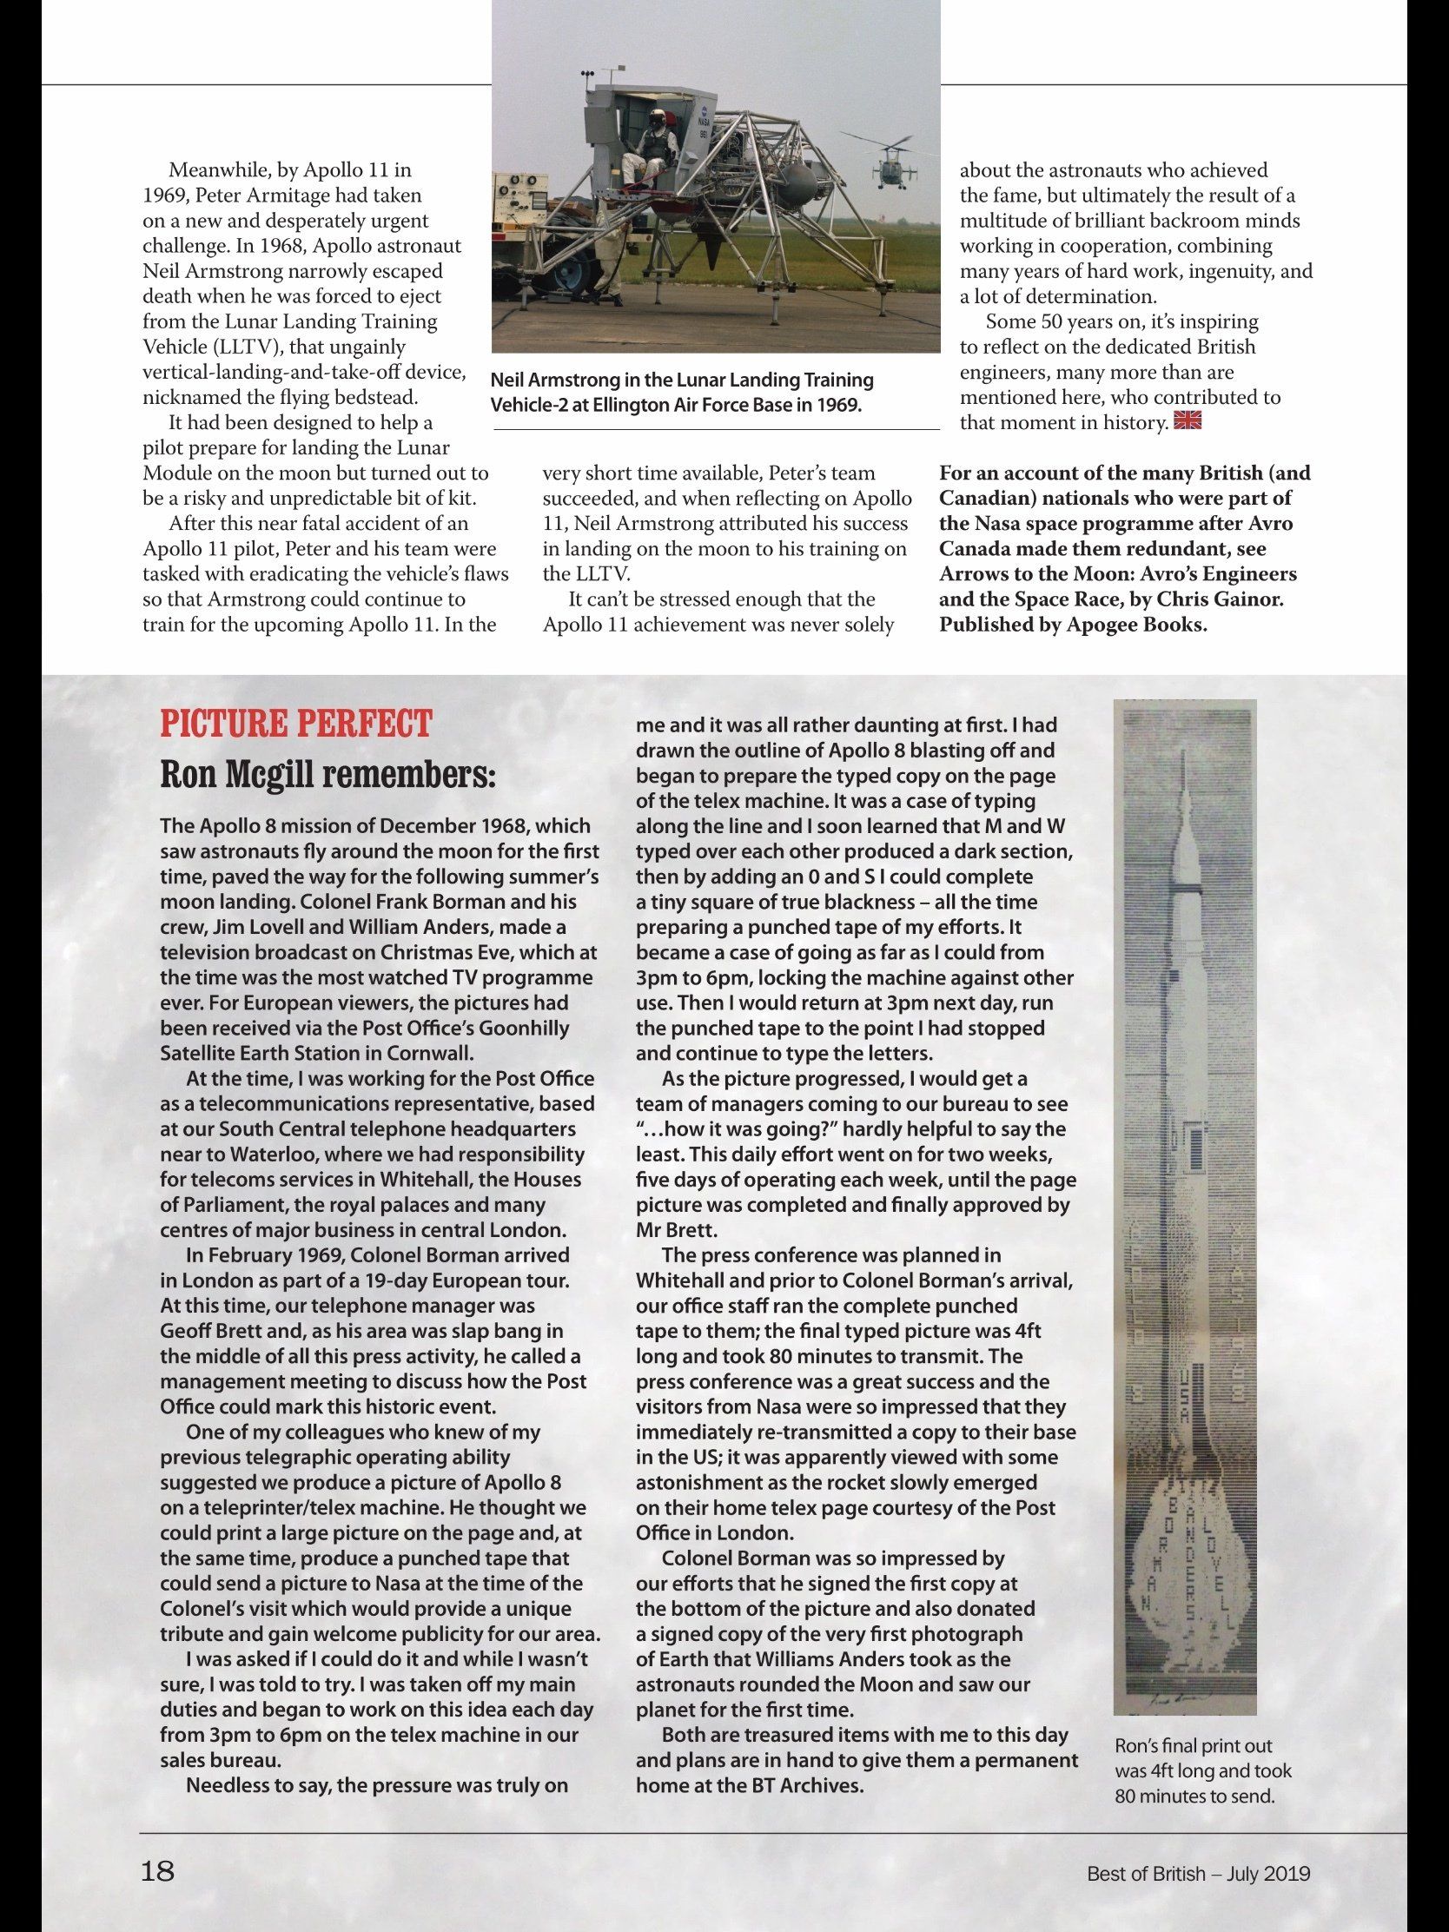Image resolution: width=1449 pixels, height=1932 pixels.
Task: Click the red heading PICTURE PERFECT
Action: click(x=295, y=724)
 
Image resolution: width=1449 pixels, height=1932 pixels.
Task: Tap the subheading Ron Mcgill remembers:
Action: click(x=328, y=775)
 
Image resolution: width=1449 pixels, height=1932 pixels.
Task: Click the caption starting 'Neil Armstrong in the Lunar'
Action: click(x=681, y=393)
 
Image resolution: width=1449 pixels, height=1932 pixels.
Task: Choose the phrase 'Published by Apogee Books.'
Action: click(x=1074, y=625)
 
